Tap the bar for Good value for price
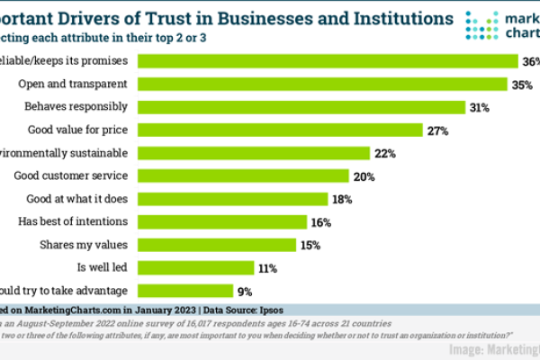click(x=279, y=130)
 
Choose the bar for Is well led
click(x=197, y=267)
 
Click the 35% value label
click(x=522, y=84)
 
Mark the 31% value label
click(x=479, y=107)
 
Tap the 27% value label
click(x=438, y=130)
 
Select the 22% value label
click(x=386, y=153)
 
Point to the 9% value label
click(x=242, y=290)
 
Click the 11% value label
click(x=267, y=267)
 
